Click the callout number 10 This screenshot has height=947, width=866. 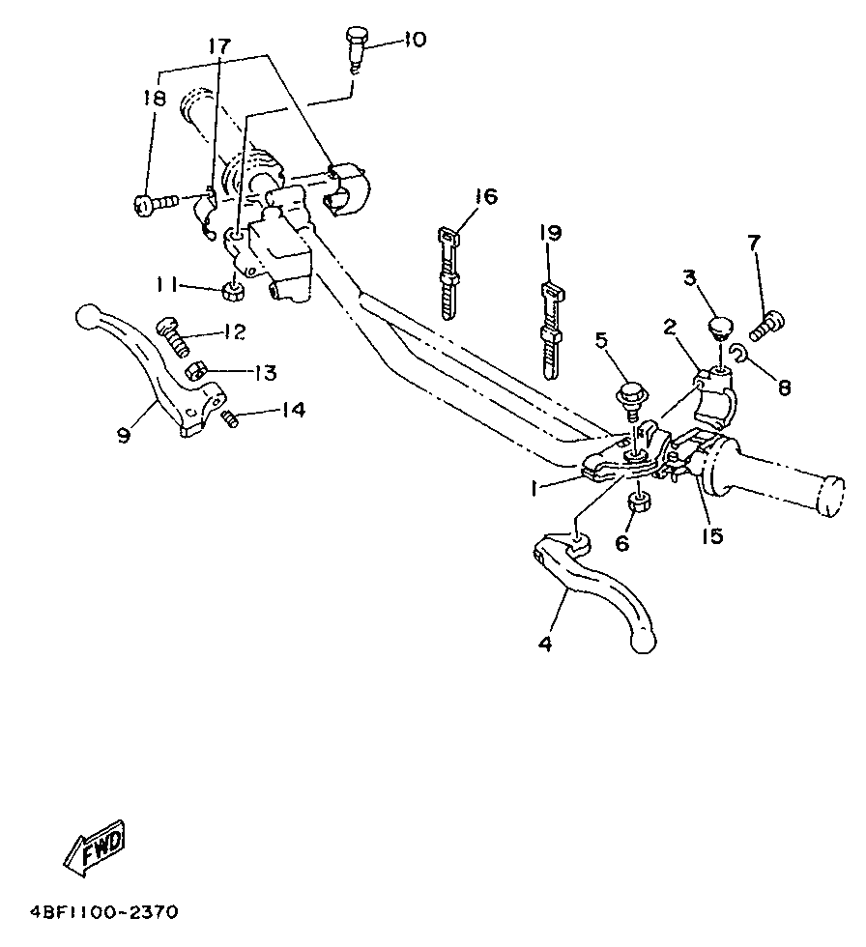tap(416, 40)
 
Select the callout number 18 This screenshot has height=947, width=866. tap(154, 98)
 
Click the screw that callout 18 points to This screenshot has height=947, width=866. tap(156, 204)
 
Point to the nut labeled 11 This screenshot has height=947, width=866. tap(234, 291)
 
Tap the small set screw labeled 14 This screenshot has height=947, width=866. tap(229, 416)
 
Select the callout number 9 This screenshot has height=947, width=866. tap(124, 434)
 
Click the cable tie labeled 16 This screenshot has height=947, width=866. tap(447, 272)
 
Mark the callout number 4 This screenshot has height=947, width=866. tap(544, 644)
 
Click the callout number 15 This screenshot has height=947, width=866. tap(712, 535)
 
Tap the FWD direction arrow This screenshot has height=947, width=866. tap(96, 848)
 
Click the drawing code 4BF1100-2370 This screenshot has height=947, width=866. tap(103, 911)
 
